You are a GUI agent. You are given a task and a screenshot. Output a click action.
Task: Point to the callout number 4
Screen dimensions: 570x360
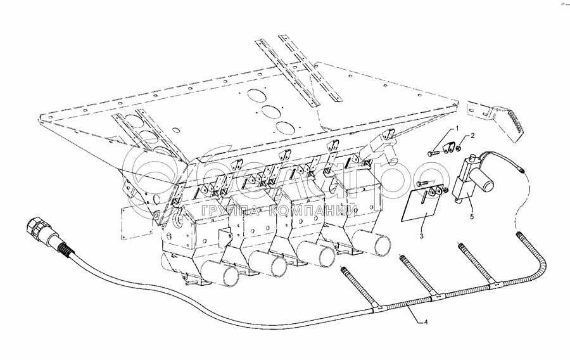click(426, 321)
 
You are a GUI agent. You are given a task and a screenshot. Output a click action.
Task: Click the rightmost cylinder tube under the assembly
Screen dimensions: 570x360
click(367, 241)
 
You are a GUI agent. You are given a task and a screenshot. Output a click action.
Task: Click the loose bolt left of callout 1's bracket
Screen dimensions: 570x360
click(436, 152)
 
